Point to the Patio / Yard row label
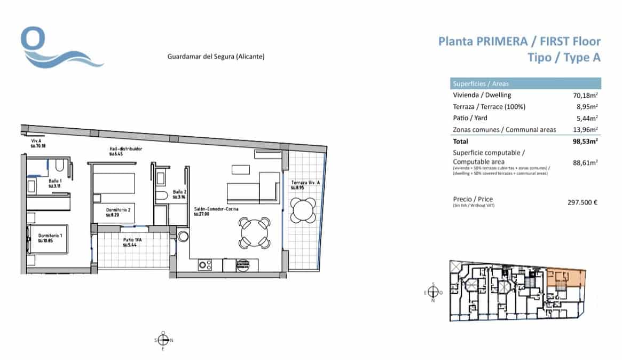[470, 118]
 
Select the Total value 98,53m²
[584, 142]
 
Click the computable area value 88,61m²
[586, 162]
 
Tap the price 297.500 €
[581, 202]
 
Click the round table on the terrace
[303, 210]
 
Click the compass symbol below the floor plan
[163, 340]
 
